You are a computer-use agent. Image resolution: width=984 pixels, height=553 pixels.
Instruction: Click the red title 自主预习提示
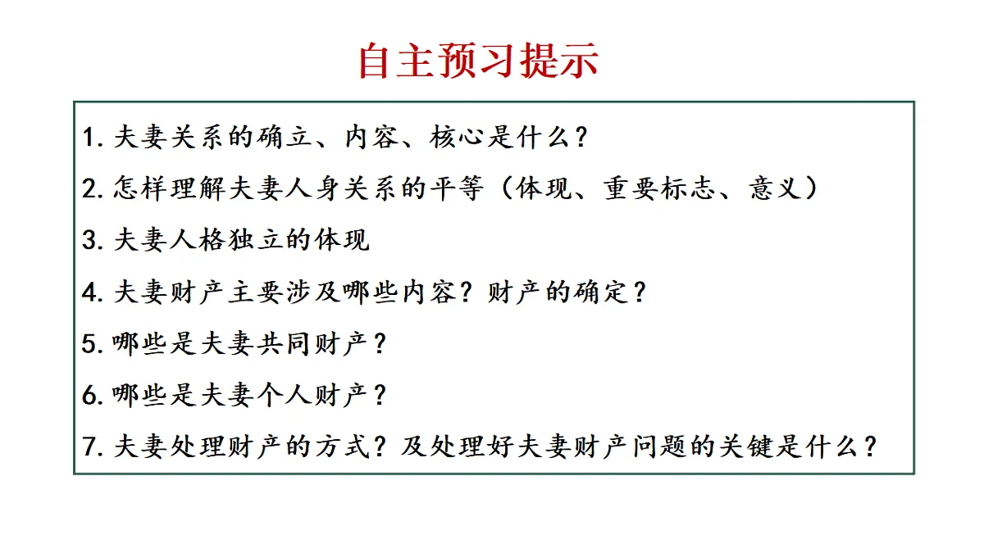click(478, 61)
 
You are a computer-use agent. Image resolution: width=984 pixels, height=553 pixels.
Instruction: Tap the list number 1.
click(89, 137)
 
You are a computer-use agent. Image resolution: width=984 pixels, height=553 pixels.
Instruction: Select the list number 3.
click(89, 240)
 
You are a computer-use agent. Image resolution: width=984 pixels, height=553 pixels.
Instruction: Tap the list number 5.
click(89, 344)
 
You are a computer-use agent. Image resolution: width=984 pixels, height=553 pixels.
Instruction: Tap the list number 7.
click(89, 447)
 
